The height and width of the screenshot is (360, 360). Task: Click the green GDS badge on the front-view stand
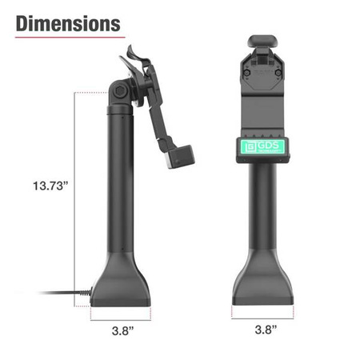262,148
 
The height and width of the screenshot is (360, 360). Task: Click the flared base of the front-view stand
262,284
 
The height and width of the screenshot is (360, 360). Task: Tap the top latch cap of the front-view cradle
262,42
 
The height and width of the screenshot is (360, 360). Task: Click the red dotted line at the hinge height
92,92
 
